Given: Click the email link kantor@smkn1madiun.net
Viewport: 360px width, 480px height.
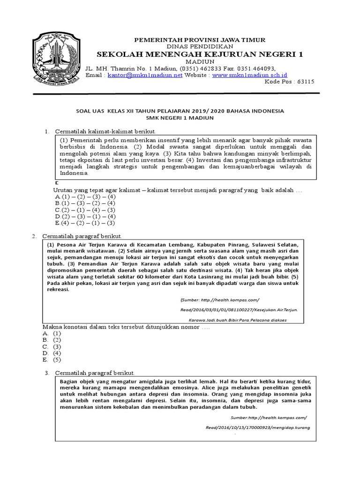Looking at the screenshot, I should click(x=144, y=75).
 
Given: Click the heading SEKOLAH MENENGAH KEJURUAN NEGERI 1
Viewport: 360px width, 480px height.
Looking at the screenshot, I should click(x=200, y=54).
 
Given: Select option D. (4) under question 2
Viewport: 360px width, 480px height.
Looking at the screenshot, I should click(x=52, y=353).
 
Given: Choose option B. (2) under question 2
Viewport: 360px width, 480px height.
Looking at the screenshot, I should click(x=52, y=339).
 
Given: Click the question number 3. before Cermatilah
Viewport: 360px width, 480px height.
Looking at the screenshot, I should click(x=47, y=373).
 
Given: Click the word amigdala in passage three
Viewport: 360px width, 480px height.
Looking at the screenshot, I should click(x=141, y=382).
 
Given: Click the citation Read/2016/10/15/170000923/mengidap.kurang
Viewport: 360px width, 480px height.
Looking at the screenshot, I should click(x=258, y=428).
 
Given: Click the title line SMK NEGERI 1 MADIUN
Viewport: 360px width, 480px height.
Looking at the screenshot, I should click(x=180, y=118).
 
